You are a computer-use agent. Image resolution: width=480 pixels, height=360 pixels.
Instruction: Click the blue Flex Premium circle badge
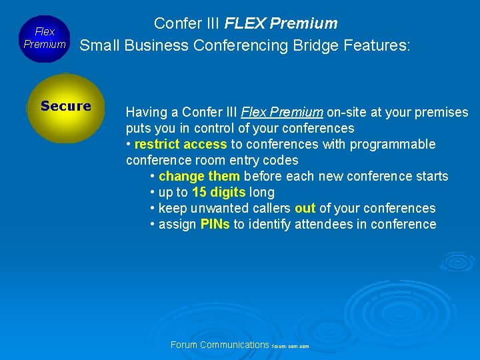[45, 38]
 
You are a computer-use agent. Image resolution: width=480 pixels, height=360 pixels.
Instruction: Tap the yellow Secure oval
[65, 108]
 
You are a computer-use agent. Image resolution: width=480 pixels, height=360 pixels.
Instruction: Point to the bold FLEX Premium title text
[281, 23]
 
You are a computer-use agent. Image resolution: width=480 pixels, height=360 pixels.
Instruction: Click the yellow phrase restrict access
[181, 144]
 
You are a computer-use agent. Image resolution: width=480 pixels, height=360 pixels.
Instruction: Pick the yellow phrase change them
[199, 176]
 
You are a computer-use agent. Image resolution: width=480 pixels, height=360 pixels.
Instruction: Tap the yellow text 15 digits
[219, 192]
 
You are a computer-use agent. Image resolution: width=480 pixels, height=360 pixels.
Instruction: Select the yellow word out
[305, 209]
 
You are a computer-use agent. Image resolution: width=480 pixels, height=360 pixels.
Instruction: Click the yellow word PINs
[215, 225]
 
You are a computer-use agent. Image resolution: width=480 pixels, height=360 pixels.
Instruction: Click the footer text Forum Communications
[219, 345]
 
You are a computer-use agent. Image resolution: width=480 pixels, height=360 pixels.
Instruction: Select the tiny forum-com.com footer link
[291, 347]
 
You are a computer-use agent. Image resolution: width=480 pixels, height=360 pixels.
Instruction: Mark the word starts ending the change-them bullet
[431, 176]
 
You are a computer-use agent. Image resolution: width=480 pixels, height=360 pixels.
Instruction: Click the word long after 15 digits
[262, 192]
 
